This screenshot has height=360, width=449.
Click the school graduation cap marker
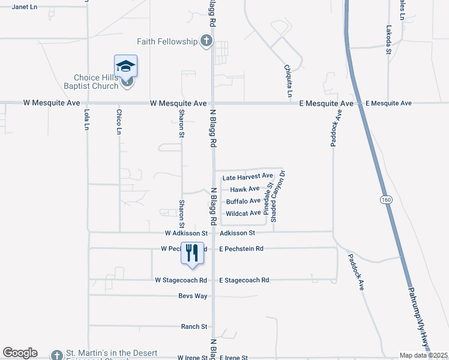click(126, 66)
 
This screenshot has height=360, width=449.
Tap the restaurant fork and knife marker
click(192, 251)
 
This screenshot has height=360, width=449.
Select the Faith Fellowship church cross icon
click(206, 41)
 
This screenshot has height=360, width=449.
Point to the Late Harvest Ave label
click(247, 177)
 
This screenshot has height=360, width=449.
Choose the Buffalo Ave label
click(243, 201)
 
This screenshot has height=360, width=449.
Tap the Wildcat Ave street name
click(243, 213)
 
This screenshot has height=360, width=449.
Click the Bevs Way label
click(193, 296)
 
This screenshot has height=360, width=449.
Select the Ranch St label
click(194, 327)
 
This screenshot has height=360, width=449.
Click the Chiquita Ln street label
click(289, 82)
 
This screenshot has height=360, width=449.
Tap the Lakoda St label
click(389, 40)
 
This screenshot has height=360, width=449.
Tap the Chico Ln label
click(119, 121)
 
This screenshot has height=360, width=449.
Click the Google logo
click(20, 353)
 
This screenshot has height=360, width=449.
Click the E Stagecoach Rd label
click(244, 280)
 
